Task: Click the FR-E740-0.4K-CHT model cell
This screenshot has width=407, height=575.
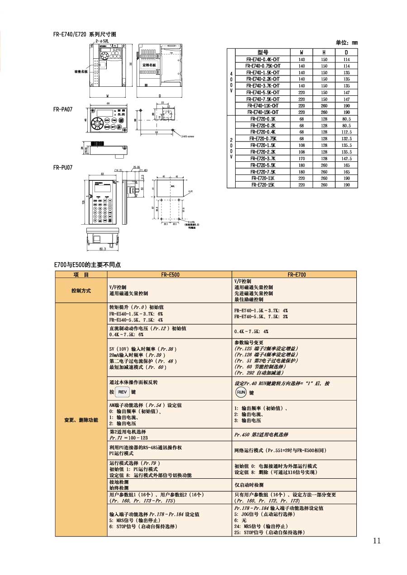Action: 263,59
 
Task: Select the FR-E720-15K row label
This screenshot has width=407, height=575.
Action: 263,185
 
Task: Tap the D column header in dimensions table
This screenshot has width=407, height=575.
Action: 346,52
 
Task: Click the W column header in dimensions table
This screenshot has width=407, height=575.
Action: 302,52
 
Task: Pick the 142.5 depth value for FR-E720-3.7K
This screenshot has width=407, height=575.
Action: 346,159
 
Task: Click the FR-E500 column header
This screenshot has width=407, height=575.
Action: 170,274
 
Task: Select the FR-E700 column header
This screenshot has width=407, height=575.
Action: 294,274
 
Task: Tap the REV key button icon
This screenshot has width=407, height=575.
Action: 123,392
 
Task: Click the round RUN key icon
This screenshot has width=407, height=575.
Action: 241,392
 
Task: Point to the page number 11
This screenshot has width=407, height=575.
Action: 377,541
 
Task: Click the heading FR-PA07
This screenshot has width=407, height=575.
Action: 62,109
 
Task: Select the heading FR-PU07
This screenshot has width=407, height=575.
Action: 62,167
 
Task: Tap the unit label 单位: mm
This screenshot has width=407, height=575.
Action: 346,42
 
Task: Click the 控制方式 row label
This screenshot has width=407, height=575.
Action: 81,290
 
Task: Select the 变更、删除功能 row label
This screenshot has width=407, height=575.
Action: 81,420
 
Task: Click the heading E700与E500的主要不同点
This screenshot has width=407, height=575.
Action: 88,265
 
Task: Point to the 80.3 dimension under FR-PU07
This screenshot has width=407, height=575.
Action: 102,249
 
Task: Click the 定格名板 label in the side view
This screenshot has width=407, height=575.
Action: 149,65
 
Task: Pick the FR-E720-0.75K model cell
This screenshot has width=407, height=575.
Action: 263,138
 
